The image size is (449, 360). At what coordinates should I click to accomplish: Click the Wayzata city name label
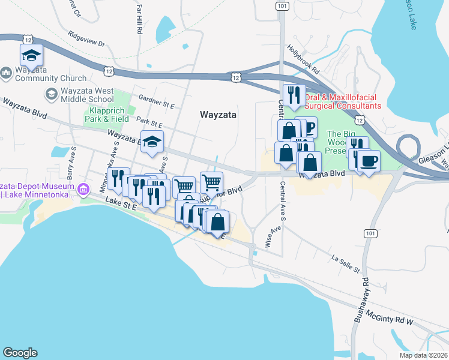pyautogui.click(x=218, y=114)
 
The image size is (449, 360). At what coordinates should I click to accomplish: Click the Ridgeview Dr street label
pyautogui.click(x=86, y=38)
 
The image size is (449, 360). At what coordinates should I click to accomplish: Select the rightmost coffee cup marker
pyautogui.click(x=370, y=161)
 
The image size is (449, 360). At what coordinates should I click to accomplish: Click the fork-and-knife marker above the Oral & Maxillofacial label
pyautogui.click(x=294, y=95)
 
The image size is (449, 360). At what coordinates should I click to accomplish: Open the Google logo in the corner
pyautogui.click(x=20, y=353)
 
